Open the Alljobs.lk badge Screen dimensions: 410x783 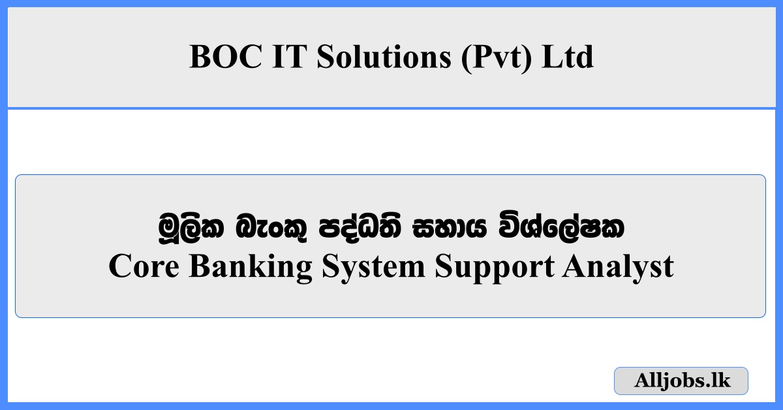click(681, 381)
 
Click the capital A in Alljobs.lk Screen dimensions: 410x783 click(642, 381)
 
